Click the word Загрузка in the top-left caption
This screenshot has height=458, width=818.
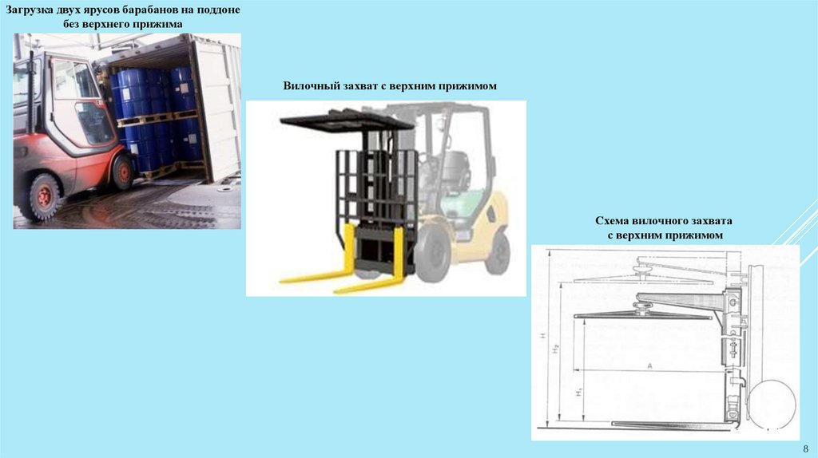pos(29,10)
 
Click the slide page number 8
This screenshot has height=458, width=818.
pos(806,448)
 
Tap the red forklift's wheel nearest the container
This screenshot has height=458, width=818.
pos(123,172)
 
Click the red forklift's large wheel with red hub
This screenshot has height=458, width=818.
pos(44,196)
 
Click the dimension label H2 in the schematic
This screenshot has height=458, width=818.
pos(556,349)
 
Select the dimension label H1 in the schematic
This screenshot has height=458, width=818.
pos(579,391)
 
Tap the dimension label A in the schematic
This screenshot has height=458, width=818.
pos(649,365)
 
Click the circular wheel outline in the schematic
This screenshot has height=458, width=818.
pos(771,404)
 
